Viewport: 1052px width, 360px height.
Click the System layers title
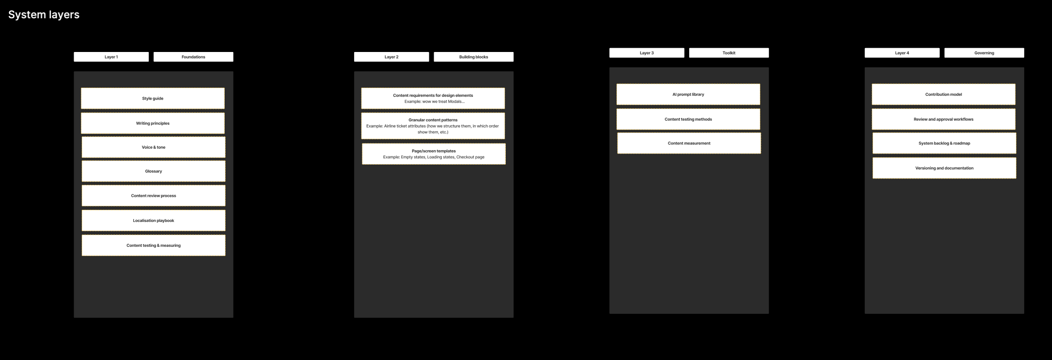[44, 15]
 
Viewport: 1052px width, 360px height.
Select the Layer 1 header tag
[111, 57]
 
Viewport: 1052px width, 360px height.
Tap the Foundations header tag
[193, 57]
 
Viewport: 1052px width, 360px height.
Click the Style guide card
[153, 98]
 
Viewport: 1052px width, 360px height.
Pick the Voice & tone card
[154, 147]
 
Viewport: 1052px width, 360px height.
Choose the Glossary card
[154, 171]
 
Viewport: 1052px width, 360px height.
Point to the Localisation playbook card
[154, 220]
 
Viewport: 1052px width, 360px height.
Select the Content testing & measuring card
[154, 245]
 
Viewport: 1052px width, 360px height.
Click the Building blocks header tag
[474, 57]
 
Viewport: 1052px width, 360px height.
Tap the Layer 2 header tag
[391, 57]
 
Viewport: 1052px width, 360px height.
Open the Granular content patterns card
[433, 126]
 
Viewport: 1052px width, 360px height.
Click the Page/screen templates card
[434, 154]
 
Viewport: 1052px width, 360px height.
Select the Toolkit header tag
[729, 53]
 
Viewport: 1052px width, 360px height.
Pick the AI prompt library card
[688, 94]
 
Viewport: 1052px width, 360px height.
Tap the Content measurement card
[689, 143]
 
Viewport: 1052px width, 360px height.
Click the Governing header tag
[984, 53]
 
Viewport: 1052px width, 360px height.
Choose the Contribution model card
[943, 94]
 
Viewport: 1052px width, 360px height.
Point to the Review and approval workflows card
[943, 119]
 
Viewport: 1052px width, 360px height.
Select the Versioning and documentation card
[944, 168]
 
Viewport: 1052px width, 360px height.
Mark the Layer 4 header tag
[902, 53]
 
